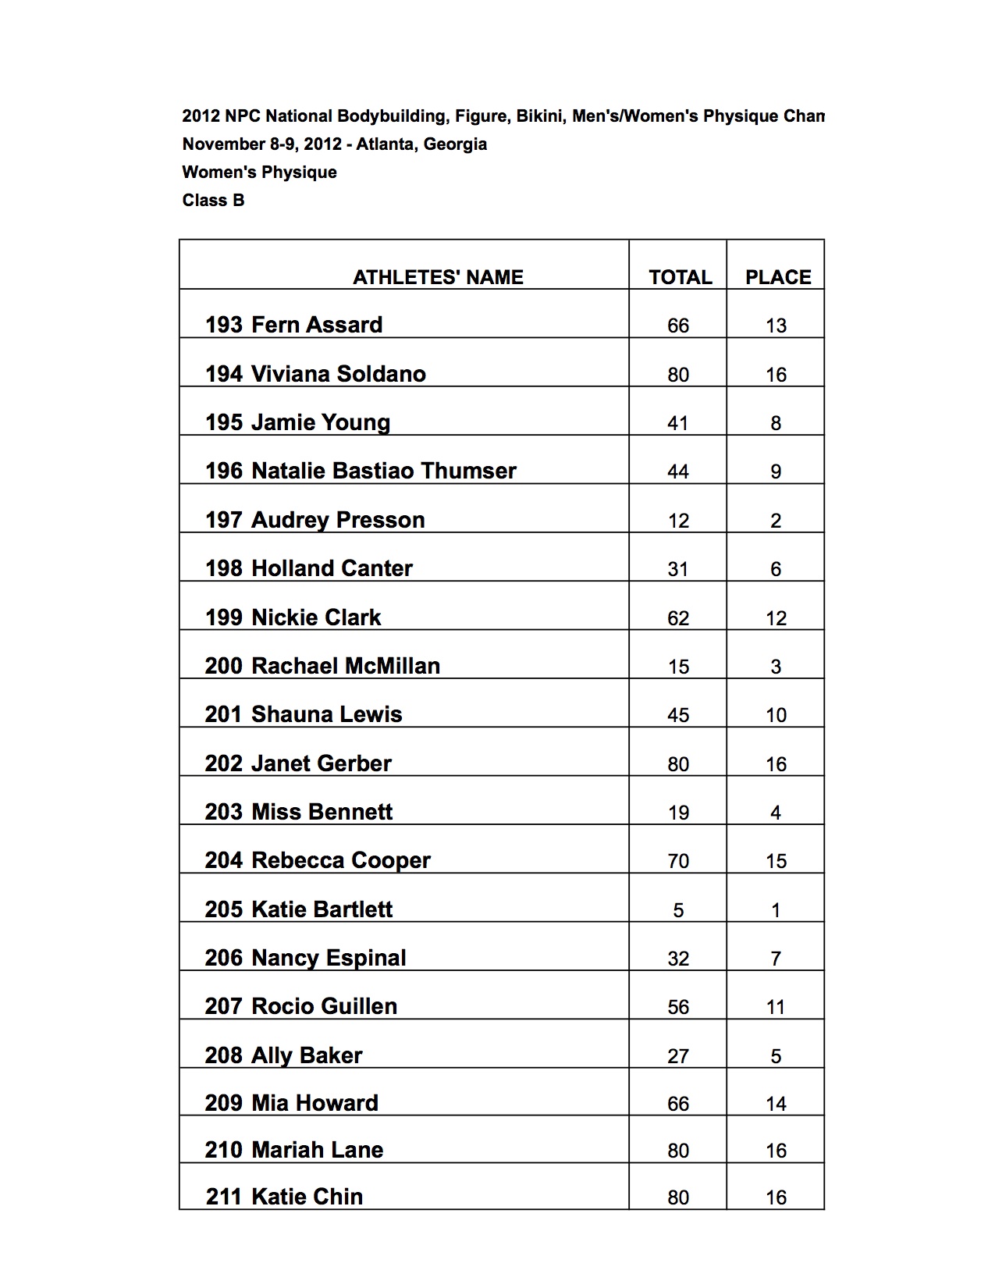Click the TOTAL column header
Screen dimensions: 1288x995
pos(680,277)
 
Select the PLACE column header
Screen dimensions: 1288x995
pos(777,277)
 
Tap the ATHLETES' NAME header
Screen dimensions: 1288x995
pos(438,277)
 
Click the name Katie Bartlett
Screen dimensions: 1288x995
pos(322,909)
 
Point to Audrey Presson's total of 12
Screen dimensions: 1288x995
pos(678,521)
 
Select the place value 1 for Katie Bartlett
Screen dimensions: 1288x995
pos(776,910)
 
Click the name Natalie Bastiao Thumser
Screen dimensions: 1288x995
pos(383,471)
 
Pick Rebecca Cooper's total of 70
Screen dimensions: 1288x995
pos(678,861)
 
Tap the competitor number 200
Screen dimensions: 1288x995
pos(224,666)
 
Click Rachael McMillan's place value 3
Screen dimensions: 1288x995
pos(776,667)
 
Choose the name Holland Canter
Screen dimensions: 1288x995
pos(332,568)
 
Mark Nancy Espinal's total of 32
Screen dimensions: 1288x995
pos(678,959)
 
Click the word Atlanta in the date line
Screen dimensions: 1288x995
pos(384,144)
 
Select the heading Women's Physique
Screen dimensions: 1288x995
pos(259,173)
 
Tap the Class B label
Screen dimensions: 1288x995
pos(213,201)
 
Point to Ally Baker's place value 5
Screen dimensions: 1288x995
pos(776,1056)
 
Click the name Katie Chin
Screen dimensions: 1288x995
pos(307,1197)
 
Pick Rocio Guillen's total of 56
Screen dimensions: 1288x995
pos(678,1007)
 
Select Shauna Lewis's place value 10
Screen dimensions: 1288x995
pos(776,715)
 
